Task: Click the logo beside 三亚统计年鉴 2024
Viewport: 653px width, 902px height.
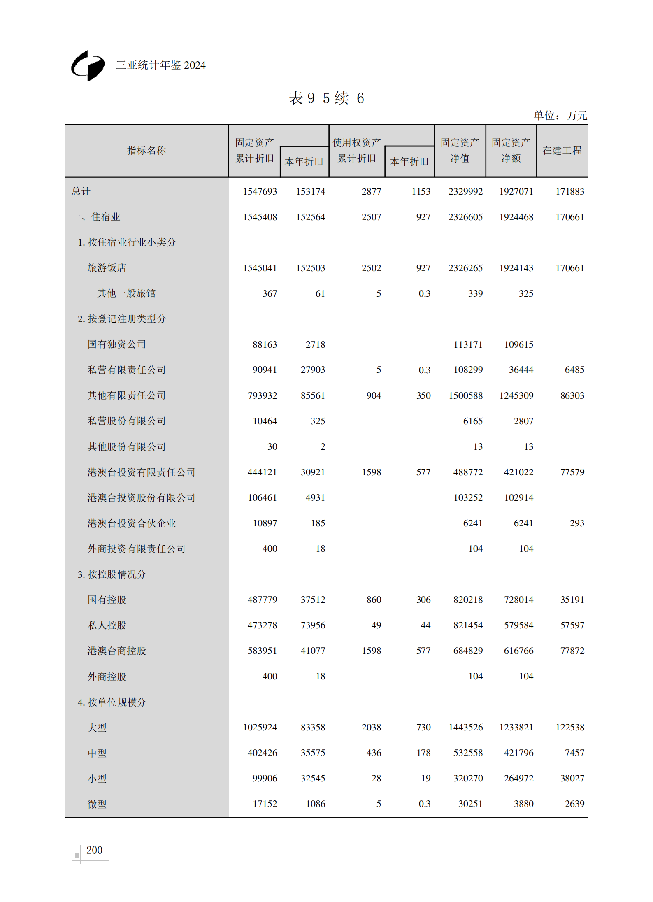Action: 88,66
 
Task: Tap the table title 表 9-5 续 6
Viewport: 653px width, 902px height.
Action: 326,98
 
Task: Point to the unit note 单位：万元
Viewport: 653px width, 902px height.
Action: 560,116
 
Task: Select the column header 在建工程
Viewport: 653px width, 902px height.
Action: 562,151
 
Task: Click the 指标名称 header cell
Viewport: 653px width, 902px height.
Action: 146,151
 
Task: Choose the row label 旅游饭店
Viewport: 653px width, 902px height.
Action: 107,268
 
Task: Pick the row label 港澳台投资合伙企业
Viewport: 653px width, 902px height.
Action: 132,523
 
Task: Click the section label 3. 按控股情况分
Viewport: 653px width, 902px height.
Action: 112,574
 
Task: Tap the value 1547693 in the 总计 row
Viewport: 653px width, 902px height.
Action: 260,192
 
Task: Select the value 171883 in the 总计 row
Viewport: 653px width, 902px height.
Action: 569,192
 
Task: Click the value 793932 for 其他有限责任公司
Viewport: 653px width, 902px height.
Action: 262,396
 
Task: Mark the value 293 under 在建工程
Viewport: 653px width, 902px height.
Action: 576,523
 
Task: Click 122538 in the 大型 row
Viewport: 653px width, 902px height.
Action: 569,728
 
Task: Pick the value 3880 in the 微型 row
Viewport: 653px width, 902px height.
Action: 523,804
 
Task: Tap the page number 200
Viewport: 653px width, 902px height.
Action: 94,850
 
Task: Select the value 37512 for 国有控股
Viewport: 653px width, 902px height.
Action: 313,600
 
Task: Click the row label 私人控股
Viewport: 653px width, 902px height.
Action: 107,625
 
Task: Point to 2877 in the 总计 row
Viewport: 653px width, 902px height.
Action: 371,192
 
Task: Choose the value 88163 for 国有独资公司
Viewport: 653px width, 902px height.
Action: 265,345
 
